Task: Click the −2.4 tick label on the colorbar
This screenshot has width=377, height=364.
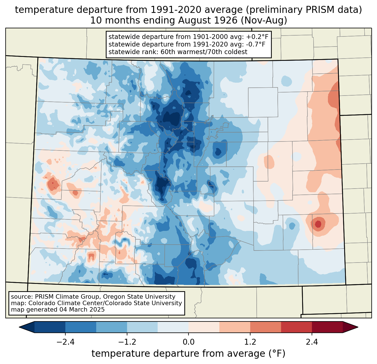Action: pos(65,342)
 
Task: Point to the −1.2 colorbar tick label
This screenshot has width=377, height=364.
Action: pos(127,342)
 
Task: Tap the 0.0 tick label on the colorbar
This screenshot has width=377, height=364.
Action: pos(188,342)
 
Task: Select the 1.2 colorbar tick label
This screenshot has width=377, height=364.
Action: pos(250,342)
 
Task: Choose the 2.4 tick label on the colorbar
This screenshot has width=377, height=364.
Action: pos(312,342)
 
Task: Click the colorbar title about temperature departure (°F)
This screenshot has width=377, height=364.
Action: pos(188,354)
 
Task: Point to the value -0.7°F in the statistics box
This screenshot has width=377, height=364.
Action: pos(254,44)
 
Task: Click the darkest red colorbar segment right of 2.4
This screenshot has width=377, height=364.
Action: pos(327,327)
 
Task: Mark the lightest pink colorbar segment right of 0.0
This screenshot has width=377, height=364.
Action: pos(204,327)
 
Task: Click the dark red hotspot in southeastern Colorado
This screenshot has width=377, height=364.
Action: pos(318,224)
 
